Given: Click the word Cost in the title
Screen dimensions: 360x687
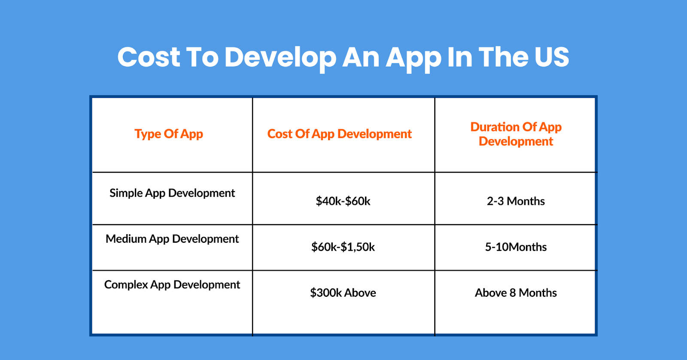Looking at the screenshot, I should coord(149,57).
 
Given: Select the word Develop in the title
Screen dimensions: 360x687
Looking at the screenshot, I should coord(280,57).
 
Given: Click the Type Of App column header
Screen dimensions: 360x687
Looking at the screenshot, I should coord(169,134).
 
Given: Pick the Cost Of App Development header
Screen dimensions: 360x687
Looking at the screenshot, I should coord(339,134).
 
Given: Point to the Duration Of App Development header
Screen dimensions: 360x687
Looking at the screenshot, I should coord(516,134).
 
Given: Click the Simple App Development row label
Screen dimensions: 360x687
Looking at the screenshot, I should coord(172,193).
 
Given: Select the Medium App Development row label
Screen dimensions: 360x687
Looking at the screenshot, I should coord(172,239).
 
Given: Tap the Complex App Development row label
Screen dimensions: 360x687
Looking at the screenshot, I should coord(172,285).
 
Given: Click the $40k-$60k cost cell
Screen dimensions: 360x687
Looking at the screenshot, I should coord(343,201).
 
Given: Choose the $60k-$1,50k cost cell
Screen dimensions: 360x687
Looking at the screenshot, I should coord(343,247).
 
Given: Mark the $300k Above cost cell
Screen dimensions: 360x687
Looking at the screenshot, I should coord(343,293).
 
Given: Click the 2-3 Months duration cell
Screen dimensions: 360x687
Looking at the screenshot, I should coord(516,201).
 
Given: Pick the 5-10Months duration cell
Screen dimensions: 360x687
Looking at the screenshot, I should coord(516,247).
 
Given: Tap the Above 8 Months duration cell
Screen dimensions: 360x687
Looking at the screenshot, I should coord(516,293).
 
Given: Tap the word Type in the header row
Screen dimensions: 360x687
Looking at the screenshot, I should coord(148,134).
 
